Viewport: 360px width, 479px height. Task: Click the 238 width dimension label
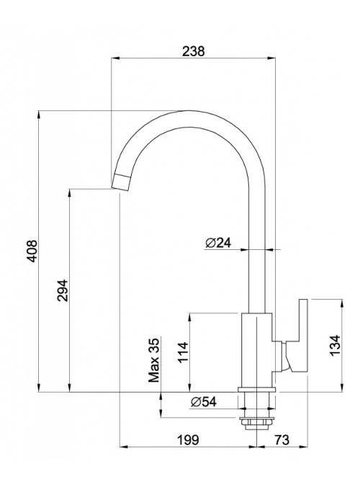tap(193, 51)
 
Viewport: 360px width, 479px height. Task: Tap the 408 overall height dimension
tap(32, 251)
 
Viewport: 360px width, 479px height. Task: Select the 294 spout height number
tap(63, 290)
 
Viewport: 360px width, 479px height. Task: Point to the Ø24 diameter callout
tap(218, 243)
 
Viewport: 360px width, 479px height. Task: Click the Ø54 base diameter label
tap(203, 402)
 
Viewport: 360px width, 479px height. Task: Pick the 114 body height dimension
tap(183, 352)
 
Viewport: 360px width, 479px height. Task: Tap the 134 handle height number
tap(335, 346)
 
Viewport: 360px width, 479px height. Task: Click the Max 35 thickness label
tap(154, 360)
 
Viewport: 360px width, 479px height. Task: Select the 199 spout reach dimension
tap(188, 440)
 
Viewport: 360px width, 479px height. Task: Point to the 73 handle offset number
tap(282, 440)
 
